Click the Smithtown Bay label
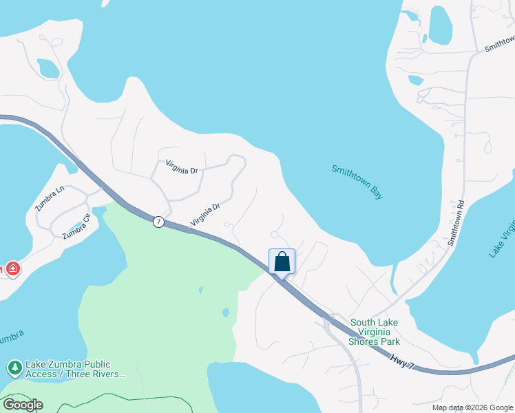(x=357, y=182)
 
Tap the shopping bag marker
(x=282, y=262)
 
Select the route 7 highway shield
(x=158, y=222)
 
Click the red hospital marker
(x=12, y=269)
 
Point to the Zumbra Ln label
(x=50, y=198)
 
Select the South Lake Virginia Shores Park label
(x=375, y=332)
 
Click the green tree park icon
(x=14, y=368)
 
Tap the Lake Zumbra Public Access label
(x=76, y=369)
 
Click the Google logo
(x=22, y=405)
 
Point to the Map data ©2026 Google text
(x=473, y=407)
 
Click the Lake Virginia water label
(x=501, y=237)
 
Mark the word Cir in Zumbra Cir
(x=86, y=219)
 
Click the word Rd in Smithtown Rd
(x=460, y=205)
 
